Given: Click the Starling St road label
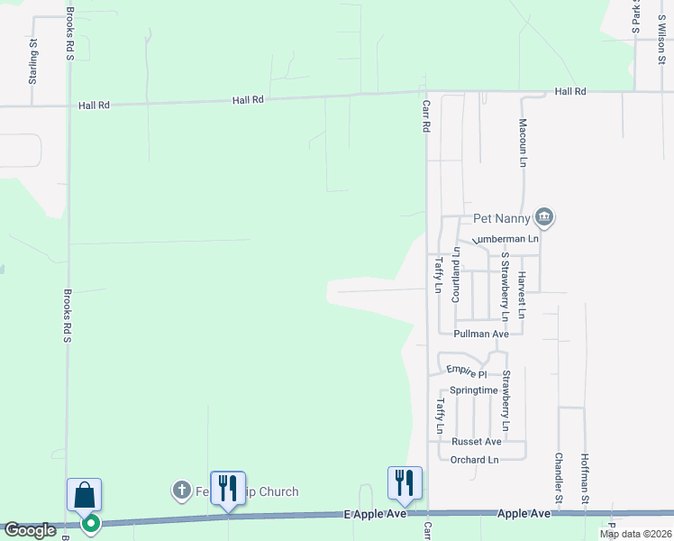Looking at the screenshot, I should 32,62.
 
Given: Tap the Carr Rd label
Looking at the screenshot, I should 426,117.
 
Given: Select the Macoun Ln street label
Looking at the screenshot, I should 522,143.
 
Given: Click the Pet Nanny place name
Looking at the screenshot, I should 501,218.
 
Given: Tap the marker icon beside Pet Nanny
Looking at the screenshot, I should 543,216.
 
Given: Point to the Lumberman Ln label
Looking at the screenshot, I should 507,238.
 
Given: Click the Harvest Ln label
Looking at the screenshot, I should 522,297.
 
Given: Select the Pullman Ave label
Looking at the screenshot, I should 481,334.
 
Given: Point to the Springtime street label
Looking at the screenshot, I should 474,390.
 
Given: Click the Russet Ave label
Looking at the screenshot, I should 476,442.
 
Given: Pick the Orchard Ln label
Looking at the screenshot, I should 474,460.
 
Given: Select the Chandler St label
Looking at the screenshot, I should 559,478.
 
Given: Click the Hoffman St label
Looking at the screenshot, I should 585,478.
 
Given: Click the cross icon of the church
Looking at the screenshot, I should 181,491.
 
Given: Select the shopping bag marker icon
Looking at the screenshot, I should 84,495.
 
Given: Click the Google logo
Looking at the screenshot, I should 31,530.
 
